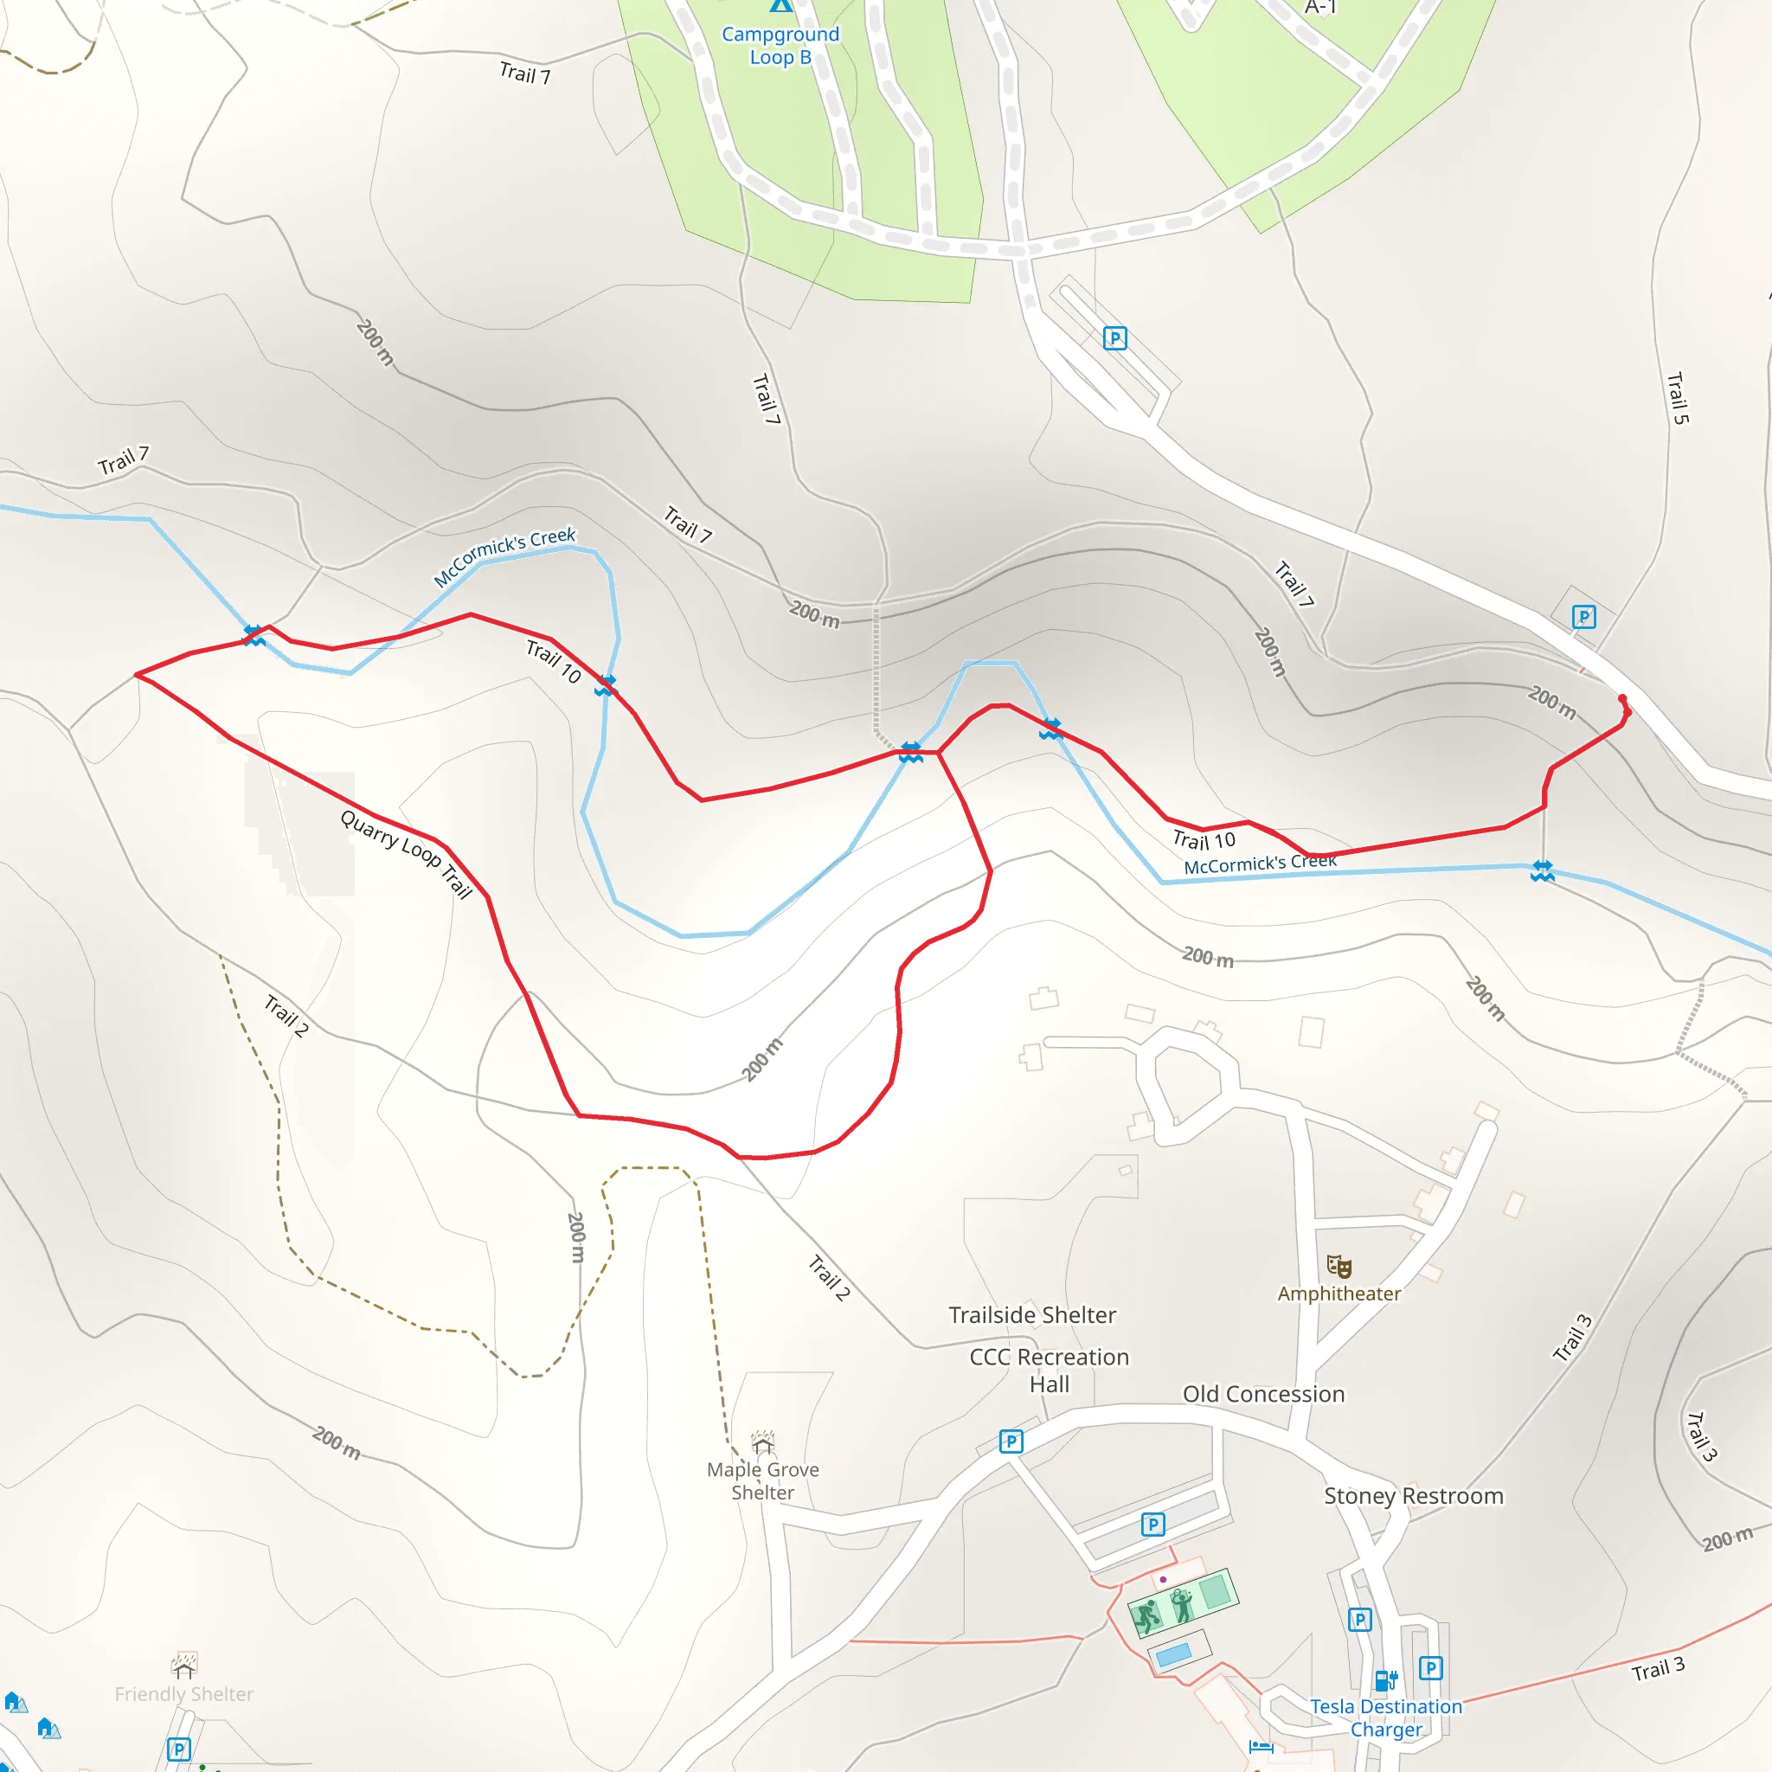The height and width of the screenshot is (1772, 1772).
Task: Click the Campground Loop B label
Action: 780,46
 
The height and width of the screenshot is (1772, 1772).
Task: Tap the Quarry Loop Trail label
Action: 407,854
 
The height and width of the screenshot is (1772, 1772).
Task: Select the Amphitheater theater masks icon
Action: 1339,1267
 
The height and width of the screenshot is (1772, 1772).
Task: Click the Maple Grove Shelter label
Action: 763,1480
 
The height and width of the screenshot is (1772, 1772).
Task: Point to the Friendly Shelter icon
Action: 184,1664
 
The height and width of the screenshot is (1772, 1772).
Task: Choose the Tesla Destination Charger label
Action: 1385,1717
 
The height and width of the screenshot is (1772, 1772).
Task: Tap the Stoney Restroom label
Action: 1414,1496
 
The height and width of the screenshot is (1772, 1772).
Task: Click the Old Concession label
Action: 1263,1394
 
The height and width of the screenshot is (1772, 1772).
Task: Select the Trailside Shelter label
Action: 1032,1315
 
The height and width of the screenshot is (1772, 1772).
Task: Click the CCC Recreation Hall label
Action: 1050,1371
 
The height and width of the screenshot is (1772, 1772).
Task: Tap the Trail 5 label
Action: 1677,398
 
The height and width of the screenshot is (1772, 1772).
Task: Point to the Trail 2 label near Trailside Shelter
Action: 829,1278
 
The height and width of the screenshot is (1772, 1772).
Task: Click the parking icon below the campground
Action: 1114,338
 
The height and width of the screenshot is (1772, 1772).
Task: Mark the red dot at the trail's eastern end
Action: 1622,700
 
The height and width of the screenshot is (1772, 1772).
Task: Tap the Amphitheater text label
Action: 1339,1294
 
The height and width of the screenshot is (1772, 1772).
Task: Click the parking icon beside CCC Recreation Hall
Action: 1010,1441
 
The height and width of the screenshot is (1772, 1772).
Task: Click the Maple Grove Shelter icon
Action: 762,1441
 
